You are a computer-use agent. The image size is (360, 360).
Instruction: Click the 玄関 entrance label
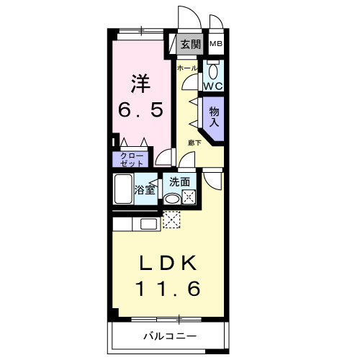point(190,45)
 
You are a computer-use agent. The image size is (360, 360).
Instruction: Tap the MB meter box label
point(215,45)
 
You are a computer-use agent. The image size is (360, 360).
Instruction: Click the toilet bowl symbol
point(213,71)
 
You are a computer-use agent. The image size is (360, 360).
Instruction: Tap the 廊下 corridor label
point(194,143)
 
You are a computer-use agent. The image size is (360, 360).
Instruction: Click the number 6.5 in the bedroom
point(141,110)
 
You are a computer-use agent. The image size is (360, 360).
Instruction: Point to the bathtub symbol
point(123,190)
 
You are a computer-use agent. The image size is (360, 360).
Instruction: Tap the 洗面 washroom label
point(180,182)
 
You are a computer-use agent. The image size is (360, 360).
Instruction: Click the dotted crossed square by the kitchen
point(171,219)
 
